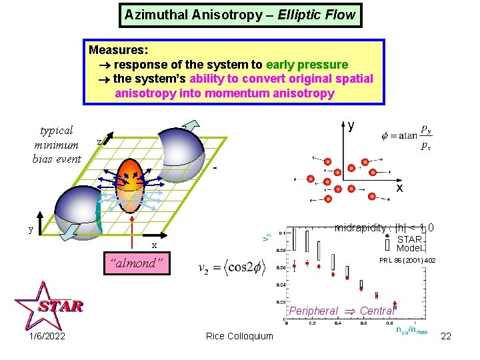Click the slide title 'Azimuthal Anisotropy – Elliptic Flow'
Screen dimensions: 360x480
click(x=240, y=15)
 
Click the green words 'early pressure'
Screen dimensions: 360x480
click(x=307, y=65)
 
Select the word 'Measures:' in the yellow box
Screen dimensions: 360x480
click(x=119, y=50)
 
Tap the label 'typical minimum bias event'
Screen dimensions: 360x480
click(x=56, y=144)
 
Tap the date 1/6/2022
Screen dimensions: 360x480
click(x=48, y=336)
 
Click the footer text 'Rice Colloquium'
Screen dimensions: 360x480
click(x=239, y=336)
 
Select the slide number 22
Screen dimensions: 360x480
click(x=446, y=336)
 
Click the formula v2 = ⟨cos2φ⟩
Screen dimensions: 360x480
click(x=232, y=268)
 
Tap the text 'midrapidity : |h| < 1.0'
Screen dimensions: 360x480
click(x=385, y=228)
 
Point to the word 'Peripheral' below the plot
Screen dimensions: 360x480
click(x=314, y=311)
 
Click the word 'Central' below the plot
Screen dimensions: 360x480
click(x=377, y=311)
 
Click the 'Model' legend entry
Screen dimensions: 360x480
click(x=409, y=248)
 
